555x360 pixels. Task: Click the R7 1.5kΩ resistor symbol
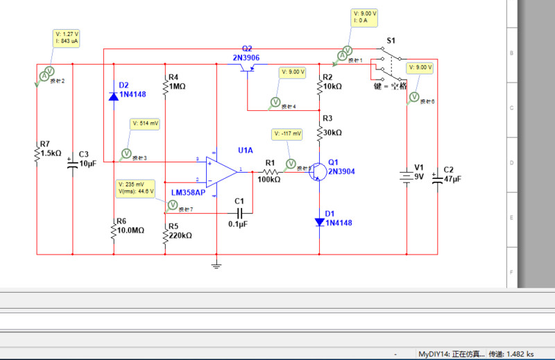(37, 154)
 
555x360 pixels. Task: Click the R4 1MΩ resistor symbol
(165, 87)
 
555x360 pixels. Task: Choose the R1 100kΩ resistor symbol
(270, 170)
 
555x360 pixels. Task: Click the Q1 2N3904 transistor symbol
(317, 171)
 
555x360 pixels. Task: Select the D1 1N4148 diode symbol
(319, 223)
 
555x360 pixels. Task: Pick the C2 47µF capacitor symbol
(438, 178)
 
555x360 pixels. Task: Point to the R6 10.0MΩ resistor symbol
(114, 230)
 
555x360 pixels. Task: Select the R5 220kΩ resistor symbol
(165, 236)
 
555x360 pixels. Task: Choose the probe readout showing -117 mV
(287, 133)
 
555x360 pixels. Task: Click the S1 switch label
(391, 42)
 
